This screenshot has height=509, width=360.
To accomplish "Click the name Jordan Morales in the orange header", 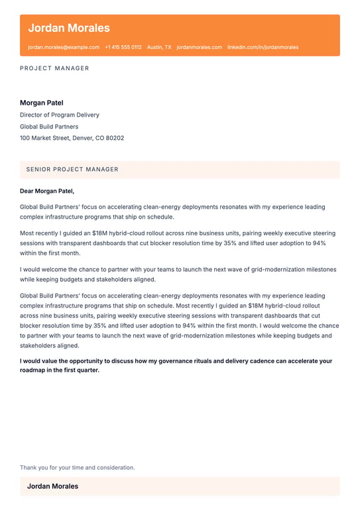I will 69,28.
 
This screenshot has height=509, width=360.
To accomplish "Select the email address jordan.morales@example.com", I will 64,48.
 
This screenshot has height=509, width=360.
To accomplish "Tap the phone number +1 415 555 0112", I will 123,48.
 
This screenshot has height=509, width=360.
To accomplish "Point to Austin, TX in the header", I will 159,48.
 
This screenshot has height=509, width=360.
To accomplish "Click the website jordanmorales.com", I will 200,48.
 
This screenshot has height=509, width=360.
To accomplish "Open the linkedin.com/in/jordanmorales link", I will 263,48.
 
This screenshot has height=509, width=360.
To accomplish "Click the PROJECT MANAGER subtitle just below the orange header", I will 54,68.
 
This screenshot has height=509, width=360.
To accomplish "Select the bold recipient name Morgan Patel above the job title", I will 42,103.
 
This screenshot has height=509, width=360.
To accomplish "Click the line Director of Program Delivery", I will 60,115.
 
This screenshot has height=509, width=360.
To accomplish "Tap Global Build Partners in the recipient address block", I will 49,127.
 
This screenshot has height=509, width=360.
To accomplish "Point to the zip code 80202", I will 113,139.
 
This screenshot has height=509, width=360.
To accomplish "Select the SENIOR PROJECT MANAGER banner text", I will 72,170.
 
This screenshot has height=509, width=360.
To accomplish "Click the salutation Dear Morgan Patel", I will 47,191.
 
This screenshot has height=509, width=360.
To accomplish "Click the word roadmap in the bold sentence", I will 33,370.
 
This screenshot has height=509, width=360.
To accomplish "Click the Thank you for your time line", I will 77,467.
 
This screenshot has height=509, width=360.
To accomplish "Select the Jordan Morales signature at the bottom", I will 52,486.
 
